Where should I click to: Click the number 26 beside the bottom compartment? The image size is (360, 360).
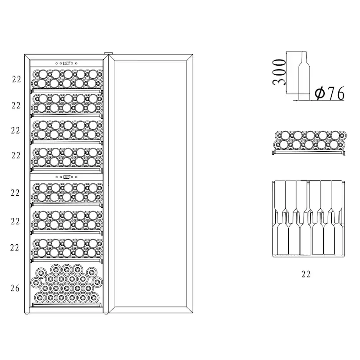point(15,288)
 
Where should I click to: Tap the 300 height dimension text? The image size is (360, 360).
point(279,72)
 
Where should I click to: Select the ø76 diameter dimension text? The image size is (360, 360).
point(330,93)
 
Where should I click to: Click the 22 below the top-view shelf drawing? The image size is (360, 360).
point(306,274)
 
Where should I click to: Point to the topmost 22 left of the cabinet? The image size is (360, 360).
point(17,79)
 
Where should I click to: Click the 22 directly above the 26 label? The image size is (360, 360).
point(15,248)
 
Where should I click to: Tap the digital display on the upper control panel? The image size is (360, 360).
point(67,63)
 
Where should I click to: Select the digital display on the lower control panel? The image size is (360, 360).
point(67,177)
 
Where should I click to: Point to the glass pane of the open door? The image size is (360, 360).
point(150,183)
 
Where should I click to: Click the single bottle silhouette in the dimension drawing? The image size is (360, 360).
point(304,76)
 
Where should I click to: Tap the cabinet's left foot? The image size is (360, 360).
point(27,313)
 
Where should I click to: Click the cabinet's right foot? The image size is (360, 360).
point(106,313)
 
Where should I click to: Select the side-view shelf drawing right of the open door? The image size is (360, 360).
point(309,143)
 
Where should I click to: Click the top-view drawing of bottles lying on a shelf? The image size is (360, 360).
point(309,219)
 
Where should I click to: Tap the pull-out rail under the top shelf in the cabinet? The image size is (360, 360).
point(66,91)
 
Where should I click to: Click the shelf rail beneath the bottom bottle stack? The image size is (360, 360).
point(67,305)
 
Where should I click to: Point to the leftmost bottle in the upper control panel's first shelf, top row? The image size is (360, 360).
point(37,74)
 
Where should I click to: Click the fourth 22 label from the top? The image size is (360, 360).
point(16,155)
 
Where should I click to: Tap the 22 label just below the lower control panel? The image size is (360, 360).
point(15,193)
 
